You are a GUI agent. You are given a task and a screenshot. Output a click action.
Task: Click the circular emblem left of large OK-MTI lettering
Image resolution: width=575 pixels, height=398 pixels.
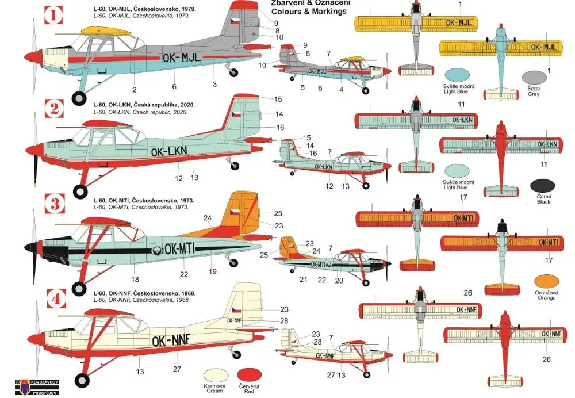(156, 250)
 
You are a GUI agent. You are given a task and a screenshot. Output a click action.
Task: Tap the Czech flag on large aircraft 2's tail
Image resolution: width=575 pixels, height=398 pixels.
(236, 114)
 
